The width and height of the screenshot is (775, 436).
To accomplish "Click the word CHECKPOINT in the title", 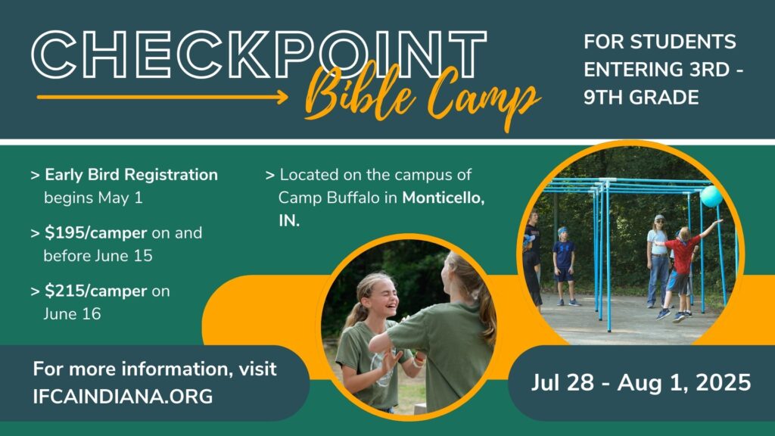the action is tap(259, 54).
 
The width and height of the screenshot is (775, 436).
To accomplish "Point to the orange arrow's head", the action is tap(282, 97).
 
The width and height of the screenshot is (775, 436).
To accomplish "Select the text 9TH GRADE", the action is tap(641, 98).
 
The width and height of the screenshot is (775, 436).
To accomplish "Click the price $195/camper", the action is tap(95, 233).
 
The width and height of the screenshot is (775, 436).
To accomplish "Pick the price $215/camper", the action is tap(95, 291).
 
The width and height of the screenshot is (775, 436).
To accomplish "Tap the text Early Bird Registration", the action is tap(131, 175).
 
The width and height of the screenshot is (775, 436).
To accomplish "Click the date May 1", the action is tap(120, 198).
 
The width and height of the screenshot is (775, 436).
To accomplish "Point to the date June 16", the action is tap(72, 314).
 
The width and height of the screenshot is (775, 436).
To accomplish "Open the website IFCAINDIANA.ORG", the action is tap(123, 397).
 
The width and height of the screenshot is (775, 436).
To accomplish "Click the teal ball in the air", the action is tap(711, 196).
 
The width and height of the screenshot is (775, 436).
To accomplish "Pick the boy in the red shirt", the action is tap(680, 272).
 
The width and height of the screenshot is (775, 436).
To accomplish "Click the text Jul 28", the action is tap(562, 382).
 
